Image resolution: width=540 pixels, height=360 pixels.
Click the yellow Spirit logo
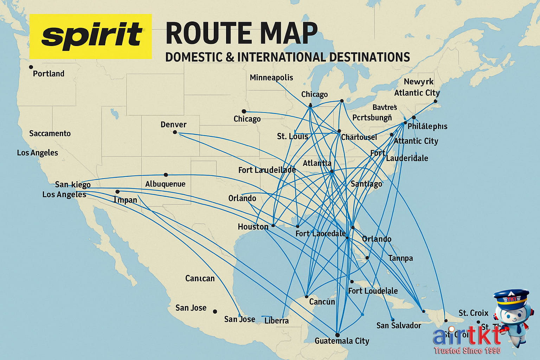click(91, 36)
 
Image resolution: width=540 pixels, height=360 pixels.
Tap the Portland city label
click(49, 74)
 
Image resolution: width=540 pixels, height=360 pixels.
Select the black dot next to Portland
click(31, 67)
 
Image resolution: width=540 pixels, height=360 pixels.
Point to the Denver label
click(173, 125)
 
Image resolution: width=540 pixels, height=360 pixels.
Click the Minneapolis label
click(271, 78)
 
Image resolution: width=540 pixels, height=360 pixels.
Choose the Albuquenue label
click(165, 184)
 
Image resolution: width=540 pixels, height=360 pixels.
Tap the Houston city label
click(253, 227)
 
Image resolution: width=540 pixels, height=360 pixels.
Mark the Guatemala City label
click(342, 341)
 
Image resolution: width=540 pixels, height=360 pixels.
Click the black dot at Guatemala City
click(337, 335)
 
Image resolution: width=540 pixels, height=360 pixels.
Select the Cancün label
click(322, 302)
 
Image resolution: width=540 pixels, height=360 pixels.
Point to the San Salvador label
click(399, 326)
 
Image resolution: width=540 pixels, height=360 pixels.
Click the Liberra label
click(277, 321)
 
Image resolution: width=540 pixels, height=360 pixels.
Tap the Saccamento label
click(50, 134)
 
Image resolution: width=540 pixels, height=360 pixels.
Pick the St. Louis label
click(292, 136)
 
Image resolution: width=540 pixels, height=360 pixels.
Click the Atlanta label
click(317, 163)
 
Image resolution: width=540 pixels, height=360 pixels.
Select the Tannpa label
click(400, 258)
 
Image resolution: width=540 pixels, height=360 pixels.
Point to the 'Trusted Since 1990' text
click(467, 351)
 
